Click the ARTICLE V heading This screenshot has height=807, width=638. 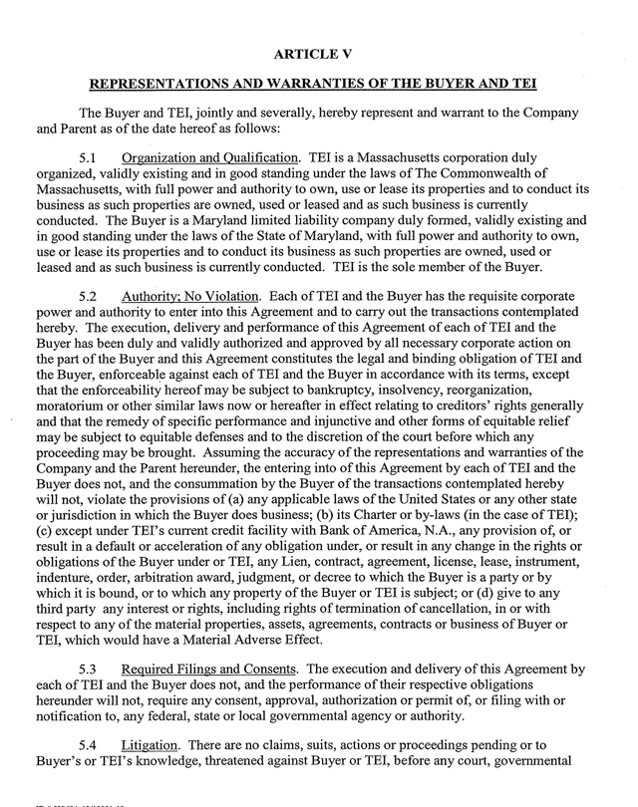pyautogui.click(x=318, y=49)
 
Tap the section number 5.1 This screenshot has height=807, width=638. pyautogui.click(x=92, y=158)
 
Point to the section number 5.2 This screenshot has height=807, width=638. pyautogui.click(x=92, y=296)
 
